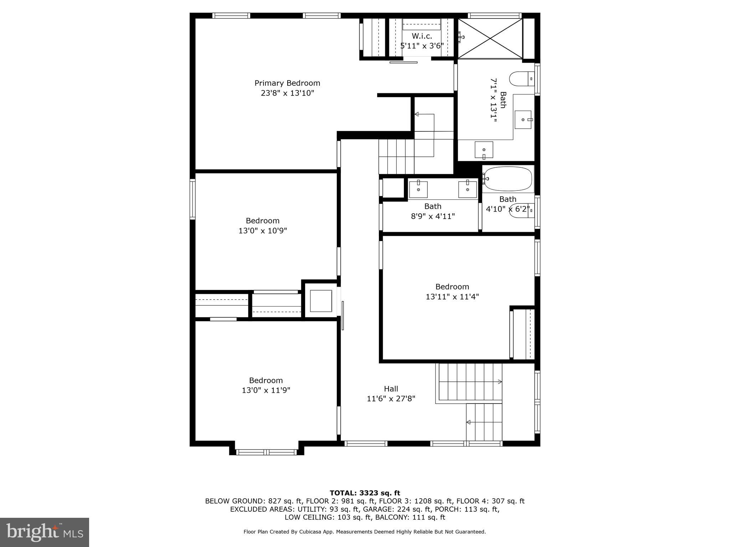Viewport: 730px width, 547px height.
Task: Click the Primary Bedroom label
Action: point(287,83)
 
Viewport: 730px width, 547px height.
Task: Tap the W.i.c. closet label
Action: point(422,36)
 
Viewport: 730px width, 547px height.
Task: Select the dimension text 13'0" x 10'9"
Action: point(263,231)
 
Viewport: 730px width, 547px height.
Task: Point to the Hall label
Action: point(391,389)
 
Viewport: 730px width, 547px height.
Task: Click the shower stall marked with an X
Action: point(490,38)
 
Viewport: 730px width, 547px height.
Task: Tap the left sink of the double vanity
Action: point(418,189)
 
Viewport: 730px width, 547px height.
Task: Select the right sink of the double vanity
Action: point(467,189)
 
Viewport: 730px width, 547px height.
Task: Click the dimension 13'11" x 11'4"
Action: point(452,297)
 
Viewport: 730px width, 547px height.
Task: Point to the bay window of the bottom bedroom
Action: point(266,452)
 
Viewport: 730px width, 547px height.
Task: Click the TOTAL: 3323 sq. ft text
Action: point(365,493)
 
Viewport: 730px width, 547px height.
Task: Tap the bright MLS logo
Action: point(44,532)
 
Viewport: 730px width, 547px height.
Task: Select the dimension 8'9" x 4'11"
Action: point(433,216)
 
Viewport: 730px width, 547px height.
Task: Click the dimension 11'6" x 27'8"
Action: point(391,399)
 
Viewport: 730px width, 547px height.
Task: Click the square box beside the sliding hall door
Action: point(321,301)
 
